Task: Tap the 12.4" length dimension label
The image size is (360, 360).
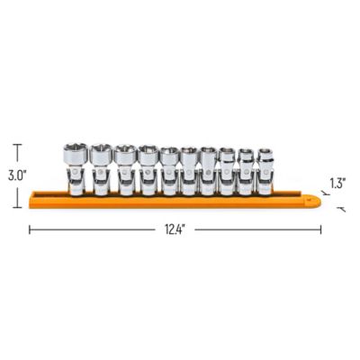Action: point(175,230)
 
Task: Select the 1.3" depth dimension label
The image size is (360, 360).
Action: point(337,183)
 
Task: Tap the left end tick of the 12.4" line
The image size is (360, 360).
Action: point(30,229)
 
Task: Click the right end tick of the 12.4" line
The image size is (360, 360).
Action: point(320,229)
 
